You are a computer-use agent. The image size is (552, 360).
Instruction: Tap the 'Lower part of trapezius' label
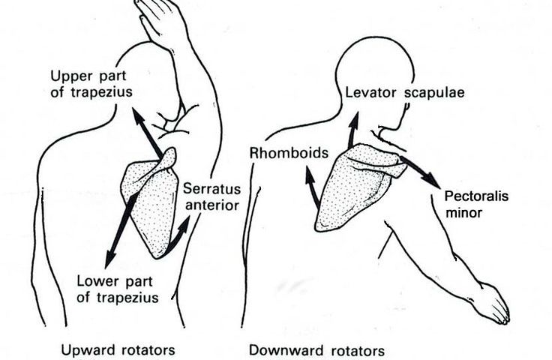118,289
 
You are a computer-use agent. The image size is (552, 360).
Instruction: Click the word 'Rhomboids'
289,153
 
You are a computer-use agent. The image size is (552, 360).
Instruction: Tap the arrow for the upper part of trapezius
148,133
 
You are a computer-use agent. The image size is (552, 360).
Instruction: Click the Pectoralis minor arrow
419,171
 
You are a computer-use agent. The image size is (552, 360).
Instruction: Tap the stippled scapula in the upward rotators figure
154,202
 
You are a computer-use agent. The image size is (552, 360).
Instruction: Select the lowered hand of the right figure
494,304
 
